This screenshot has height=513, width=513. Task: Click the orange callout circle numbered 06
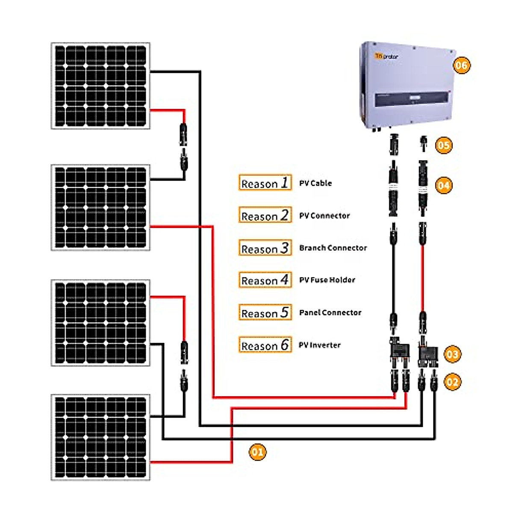click(461, 65)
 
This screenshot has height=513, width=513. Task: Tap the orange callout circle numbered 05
click(443, 145)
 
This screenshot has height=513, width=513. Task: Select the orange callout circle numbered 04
click(443, 186)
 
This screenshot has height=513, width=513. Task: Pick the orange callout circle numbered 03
click(452, 354)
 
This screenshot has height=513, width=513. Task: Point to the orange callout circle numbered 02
click(452, 382)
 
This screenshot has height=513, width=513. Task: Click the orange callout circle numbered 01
click(257, 452)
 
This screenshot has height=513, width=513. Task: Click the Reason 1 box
click(265, 183)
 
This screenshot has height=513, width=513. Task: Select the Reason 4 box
click(265, 280)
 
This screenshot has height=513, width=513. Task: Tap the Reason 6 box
click(265, 345)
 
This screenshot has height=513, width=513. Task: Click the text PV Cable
click(315, 183)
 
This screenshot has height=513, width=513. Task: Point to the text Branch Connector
click(333, 248)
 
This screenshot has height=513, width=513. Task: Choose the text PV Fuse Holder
click(327, 280)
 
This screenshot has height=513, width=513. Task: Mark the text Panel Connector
click(330, 313)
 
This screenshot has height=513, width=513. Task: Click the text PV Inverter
click(319, 345)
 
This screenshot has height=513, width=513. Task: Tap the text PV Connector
click(324, 215)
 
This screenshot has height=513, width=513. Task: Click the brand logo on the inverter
click(386, 56)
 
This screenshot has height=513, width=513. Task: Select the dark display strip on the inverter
click(413, 99)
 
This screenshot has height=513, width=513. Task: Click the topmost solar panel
click(100, 85)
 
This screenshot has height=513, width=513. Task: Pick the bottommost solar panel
click(100, 437)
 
